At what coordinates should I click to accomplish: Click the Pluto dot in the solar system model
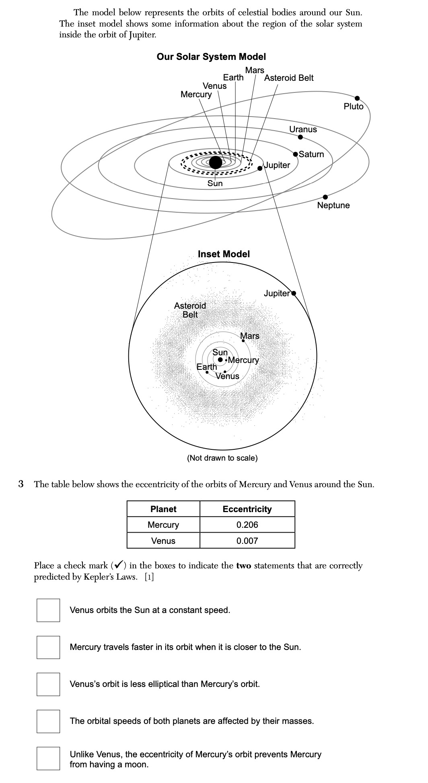(357, 98)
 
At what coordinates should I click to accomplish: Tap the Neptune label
(333, 205)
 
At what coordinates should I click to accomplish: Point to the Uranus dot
(300, 137)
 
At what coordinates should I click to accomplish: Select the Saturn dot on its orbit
(296, 154)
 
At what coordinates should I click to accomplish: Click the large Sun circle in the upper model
(216, 162)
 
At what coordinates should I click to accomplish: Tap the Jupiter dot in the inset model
(293, 293)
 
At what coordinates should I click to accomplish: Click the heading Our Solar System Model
(211, 57)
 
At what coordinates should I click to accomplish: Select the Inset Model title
(224, 254)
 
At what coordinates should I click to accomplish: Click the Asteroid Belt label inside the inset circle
(190, 310)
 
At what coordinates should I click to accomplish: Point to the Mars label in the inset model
(250, 336)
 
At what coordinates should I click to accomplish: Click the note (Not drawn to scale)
(222, 458)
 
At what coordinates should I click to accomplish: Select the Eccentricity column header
(247, 509)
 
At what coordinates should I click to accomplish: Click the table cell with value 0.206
(247, 525)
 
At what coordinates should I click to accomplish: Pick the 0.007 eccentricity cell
(247, 541)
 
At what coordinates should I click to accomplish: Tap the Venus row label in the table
(163, 541)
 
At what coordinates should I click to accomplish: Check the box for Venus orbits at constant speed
(48, 610)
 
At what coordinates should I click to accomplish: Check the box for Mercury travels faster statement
(48, 647)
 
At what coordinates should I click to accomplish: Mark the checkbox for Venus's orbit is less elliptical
(48, 684)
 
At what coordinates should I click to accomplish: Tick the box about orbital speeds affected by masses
(48, 721)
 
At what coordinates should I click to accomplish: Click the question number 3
(21, 484)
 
